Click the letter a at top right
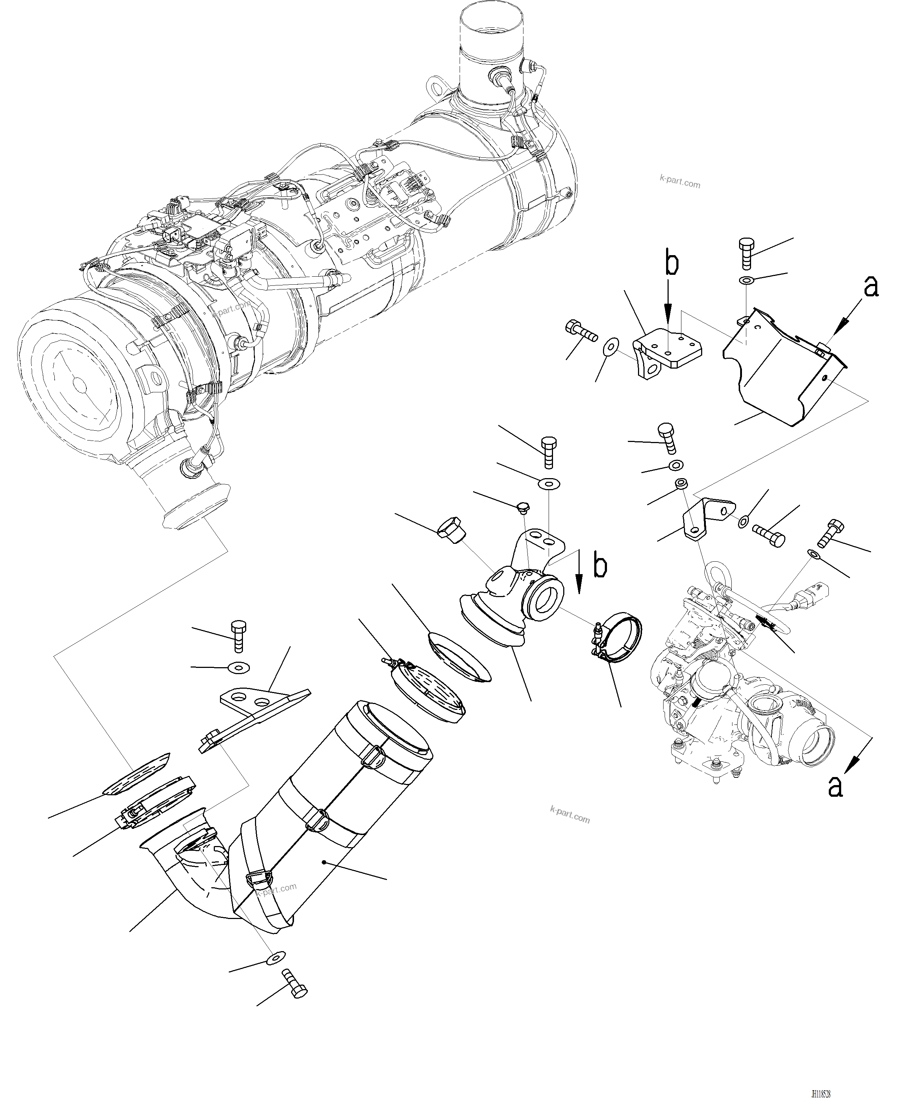871,286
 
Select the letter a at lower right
835,800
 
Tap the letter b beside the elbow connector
600,566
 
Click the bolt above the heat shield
746,253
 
